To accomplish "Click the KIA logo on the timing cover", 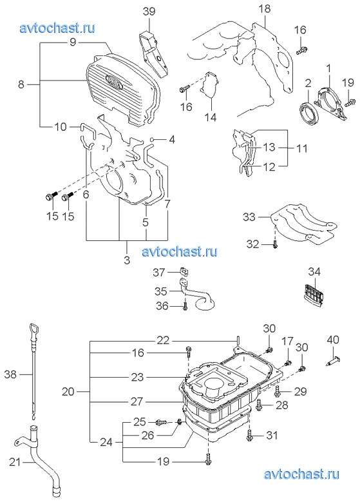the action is [x=114, y=82].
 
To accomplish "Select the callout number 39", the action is [x=149, y=11].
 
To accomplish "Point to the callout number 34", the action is [x=314, y=271].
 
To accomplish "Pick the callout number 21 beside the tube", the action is [x=15, y=462].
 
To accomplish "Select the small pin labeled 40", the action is [x=333, y=361].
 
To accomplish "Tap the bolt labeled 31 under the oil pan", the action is [x=251, y=436].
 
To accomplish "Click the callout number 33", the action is [x=249, y=217].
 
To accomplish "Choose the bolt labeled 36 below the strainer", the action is [x=185, y=305].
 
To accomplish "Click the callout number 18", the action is [x=265, y=8].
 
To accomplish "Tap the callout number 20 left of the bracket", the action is [x=68, y=391].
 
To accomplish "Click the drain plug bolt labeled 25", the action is [x=162, y=423].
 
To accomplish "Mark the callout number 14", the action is [x=211, y=117].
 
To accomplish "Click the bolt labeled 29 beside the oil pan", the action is [x=278, y=391].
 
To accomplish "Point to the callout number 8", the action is [x=21, y=84].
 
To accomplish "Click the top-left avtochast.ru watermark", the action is [x=57, y=28].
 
